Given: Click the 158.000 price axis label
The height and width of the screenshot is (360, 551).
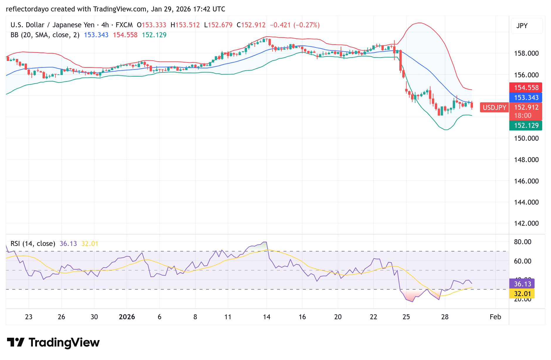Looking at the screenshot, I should coord(526,53).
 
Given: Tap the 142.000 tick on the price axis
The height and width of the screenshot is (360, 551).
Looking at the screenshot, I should coord(526,223).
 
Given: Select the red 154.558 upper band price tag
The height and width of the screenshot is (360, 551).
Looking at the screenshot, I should coord(526,88).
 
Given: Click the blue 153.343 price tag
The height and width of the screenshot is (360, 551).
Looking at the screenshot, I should coord(526,98).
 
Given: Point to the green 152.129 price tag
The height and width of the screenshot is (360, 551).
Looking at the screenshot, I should coord(526,125).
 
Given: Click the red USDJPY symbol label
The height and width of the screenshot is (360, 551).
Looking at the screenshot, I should coord(494,108).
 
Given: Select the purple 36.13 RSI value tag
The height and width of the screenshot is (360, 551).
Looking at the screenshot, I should coord(522,284).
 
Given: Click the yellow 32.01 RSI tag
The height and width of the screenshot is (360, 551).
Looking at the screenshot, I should coord(522,294).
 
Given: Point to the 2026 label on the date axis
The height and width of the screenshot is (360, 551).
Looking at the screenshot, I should coord(127,317).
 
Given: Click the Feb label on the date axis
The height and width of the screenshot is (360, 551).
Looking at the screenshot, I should coord(495,317).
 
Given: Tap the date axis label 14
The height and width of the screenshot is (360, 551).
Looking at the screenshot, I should coord(266,317).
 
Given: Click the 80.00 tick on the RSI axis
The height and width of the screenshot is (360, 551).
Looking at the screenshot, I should coord(523,242).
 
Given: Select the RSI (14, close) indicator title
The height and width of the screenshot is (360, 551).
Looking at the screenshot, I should coord(33,244).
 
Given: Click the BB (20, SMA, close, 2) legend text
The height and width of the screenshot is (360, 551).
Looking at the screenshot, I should coord(45,35).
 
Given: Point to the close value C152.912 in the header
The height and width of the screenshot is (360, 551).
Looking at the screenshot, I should coord(251,25).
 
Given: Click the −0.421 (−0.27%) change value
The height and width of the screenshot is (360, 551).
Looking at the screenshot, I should coord(295,25).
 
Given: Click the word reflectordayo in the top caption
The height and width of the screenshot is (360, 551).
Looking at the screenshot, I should coord(27,9).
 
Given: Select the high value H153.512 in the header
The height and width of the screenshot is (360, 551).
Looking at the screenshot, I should coord(185,25).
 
